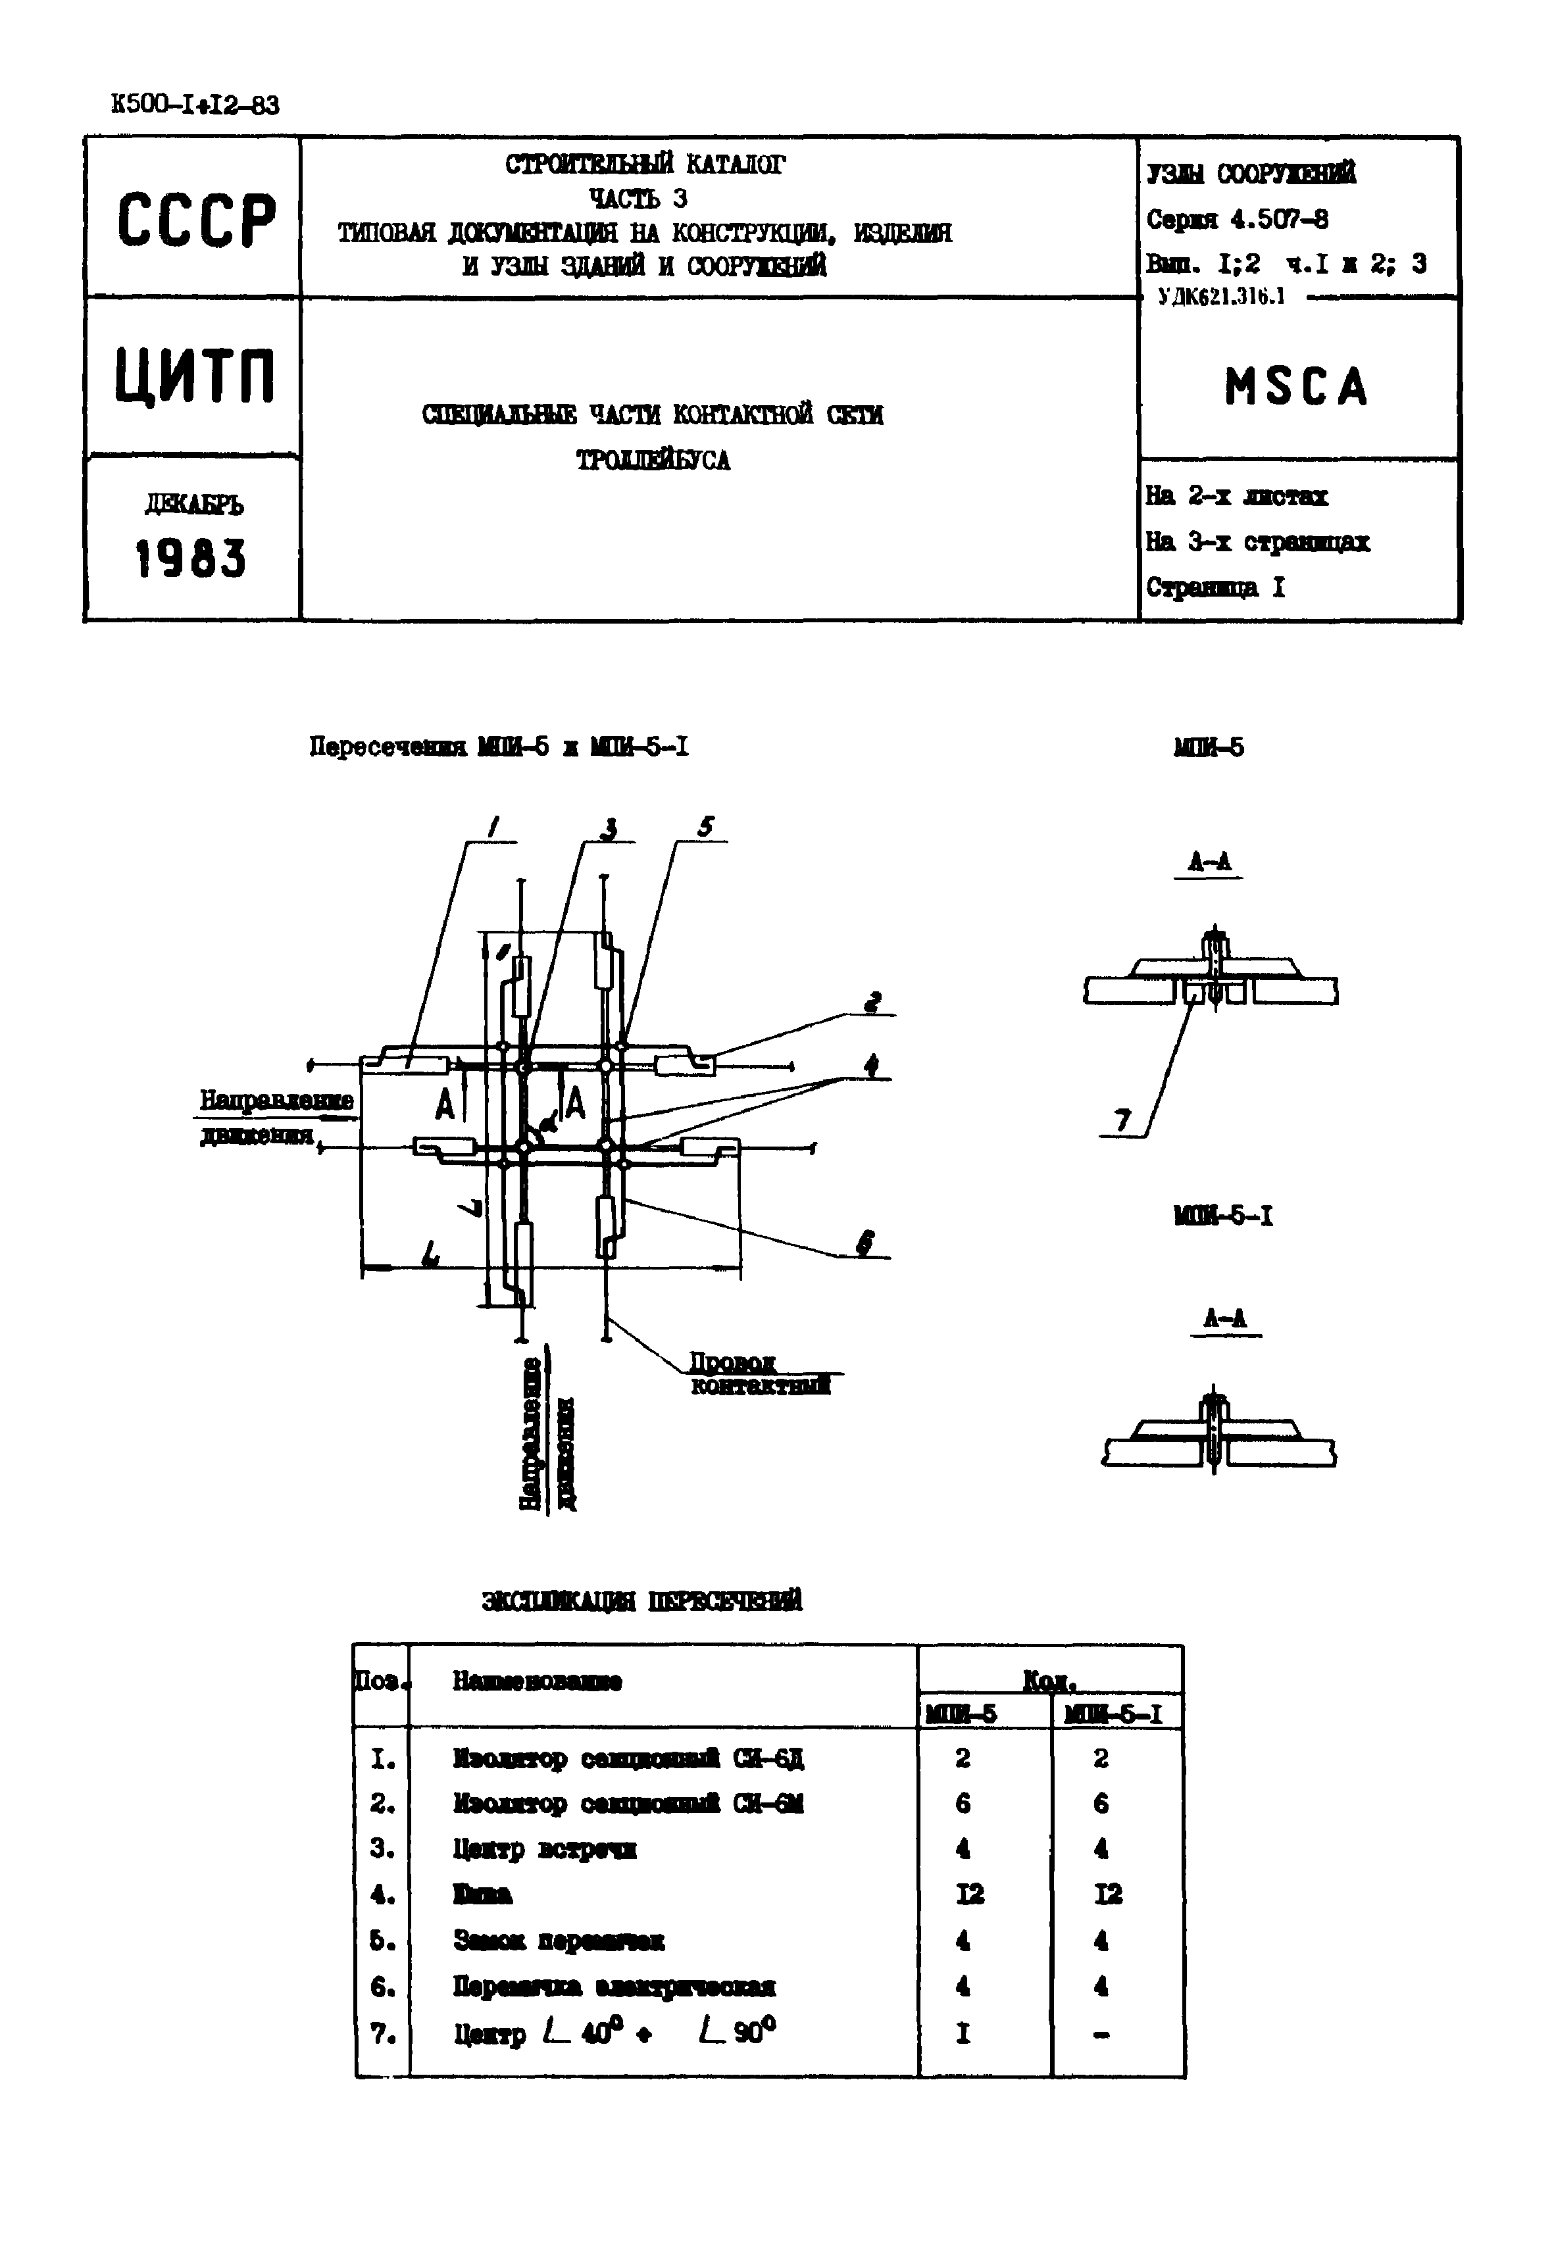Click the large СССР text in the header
[x=195, y=220]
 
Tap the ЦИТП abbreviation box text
[x=195, y=377]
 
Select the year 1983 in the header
[x=191, y=559]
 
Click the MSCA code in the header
[x=1296, y=387]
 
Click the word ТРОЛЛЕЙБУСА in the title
[x=653, y=460]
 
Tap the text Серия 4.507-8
[x=1237, y=219]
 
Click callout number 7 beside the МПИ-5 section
[x=1122, y=1122]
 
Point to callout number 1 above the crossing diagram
[x=493, y=828]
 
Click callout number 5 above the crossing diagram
[x=705, y=827]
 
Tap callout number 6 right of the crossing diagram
[x=865, y=1243]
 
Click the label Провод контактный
[x=759, y=1374]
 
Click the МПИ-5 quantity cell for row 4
[x=970, y=1894]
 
